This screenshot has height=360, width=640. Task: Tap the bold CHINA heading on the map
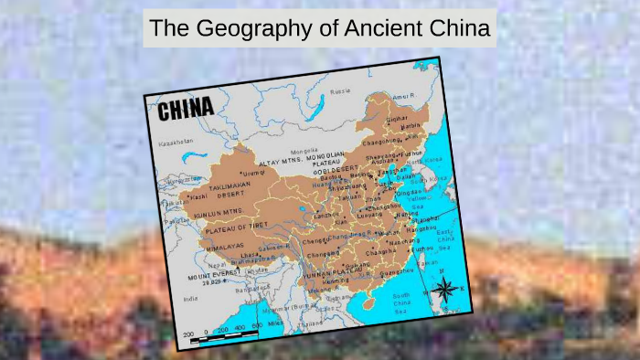click(186, 111)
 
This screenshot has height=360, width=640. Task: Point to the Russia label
click(340, 91)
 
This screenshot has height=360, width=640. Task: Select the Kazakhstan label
click(175, 143)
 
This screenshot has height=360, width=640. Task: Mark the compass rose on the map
click(445, 289)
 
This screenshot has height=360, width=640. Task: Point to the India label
click(191, 299)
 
